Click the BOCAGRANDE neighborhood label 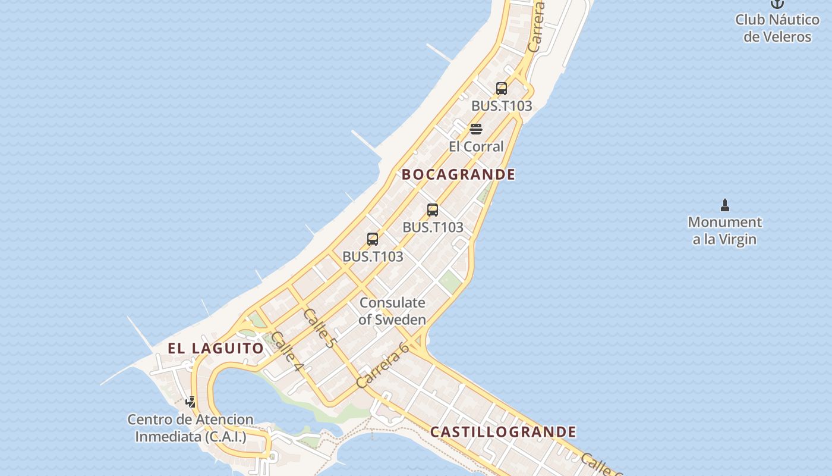458,174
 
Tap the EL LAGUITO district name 215,349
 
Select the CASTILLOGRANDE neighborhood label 503,432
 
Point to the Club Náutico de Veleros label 777,28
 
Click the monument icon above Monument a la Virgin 724,206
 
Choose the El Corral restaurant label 476,146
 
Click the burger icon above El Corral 476,129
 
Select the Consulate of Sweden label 392,311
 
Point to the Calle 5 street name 320,328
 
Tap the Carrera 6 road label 383,365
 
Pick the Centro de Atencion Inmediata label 190,428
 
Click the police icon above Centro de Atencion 190,402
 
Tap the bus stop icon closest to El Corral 502,89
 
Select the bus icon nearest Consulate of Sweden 373,239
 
